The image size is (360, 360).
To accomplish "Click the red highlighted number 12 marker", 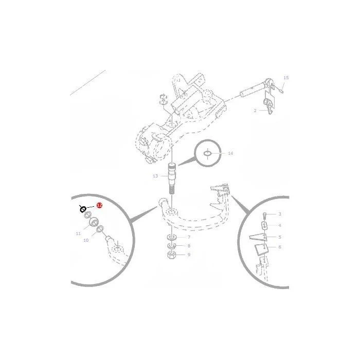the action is point(99,205).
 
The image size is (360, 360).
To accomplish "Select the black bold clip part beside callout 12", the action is point(83,209).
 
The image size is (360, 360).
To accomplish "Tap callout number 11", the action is point(78,233).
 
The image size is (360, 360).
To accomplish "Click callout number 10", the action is point(86,240).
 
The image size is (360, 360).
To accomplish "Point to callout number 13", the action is point(155,176).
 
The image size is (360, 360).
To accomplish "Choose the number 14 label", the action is point(230,153).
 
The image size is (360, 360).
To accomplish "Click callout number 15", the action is point(286,78).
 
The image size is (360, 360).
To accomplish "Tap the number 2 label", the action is point(255,111).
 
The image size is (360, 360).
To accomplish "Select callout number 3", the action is point(280,214).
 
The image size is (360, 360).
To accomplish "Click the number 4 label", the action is point(280,225).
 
